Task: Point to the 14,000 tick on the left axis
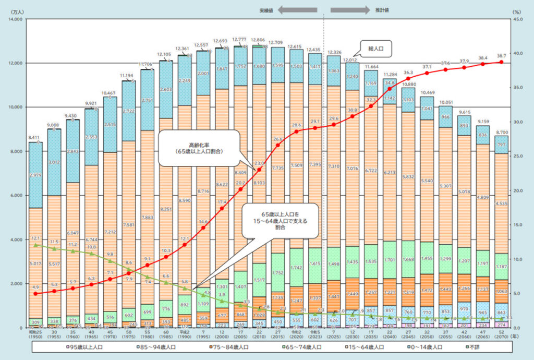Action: [x=16, y=19]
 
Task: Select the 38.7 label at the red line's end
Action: [x=502, y=55]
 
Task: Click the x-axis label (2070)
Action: [x=502, y=338]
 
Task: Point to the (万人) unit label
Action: [x=17, y=10]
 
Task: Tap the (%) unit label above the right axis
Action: [x=517, y=10]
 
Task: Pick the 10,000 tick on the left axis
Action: [x=16, y=107]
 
